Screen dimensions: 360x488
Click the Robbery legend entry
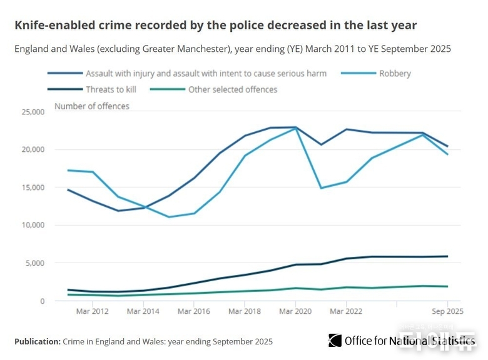(394, 73)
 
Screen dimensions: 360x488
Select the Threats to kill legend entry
(111, 89)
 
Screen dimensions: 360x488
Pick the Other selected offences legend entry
(232, 89)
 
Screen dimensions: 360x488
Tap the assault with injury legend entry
(206, 73)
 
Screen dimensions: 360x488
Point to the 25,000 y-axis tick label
(32, 112)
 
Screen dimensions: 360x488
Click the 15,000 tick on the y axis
(32, 187)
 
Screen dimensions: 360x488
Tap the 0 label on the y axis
(41, 301)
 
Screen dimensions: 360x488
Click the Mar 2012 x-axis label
(92, 311)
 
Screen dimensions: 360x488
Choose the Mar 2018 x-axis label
(245, 311)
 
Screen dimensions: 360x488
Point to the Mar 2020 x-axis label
(295, 311)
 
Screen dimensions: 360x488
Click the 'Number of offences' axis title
(92, 106)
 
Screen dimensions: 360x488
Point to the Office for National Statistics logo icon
(335, 340)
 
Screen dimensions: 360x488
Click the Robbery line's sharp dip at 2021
(321, 188)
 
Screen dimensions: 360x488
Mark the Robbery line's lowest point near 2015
(169, 217)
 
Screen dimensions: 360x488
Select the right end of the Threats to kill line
(447, 256)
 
